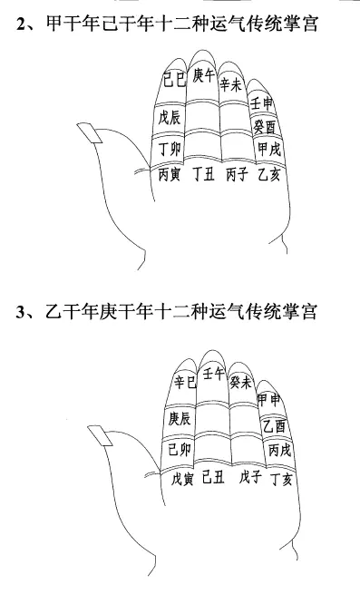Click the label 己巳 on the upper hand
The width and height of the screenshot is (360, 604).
click(x=174, y=79)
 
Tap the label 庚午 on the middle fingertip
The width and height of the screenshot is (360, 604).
click(x=203, y=74)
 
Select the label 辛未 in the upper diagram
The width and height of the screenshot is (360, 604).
click(x=230, y=84)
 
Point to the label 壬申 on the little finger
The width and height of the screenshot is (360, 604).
click(x=262, y=103)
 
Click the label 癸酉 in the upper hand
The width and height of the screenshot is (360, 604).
click(x=265, y=126)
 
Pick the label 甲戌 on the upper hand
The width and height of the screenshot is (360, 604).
click(x=269, y=149)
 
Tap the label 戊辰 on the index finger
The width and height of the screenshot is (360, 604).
click(x=169, y=117)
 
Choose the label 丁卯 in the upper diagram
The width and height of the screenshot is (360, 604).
click(x=170, y=149)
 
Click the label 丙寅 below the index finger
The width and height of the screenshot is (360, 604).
click(x=170, y=175)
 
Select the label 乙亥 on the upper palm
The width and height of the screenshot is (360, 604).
click(x=269, y=175)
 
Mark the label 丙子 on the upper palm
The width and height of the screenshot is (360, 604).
click(x=237, y=175)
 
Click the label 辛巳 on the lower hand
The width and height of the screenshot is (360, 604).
click(x=185, y=382)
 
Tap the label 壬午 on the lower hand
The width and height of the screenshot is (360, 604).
click(x=213, y=373)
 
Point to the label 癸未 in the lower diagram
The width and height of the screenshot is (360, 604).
click(x=240, y=382)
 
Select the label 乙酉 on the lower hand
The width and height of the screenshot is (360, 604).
click(x=274, y=425)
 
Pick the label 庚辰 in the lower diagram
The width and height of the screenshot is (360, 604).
click(x=180, y=418)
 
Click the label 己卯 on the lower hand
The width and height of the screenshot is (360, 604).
click(x=180, y=449)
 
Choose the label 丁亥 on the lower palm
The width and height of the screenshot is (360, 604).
click(x=281, y=479)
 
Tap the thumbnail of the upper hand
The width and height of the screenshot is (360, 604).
click(x=90, y=133)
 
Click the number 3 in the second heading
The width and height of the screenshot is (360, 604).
click(x=20, y=312)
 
